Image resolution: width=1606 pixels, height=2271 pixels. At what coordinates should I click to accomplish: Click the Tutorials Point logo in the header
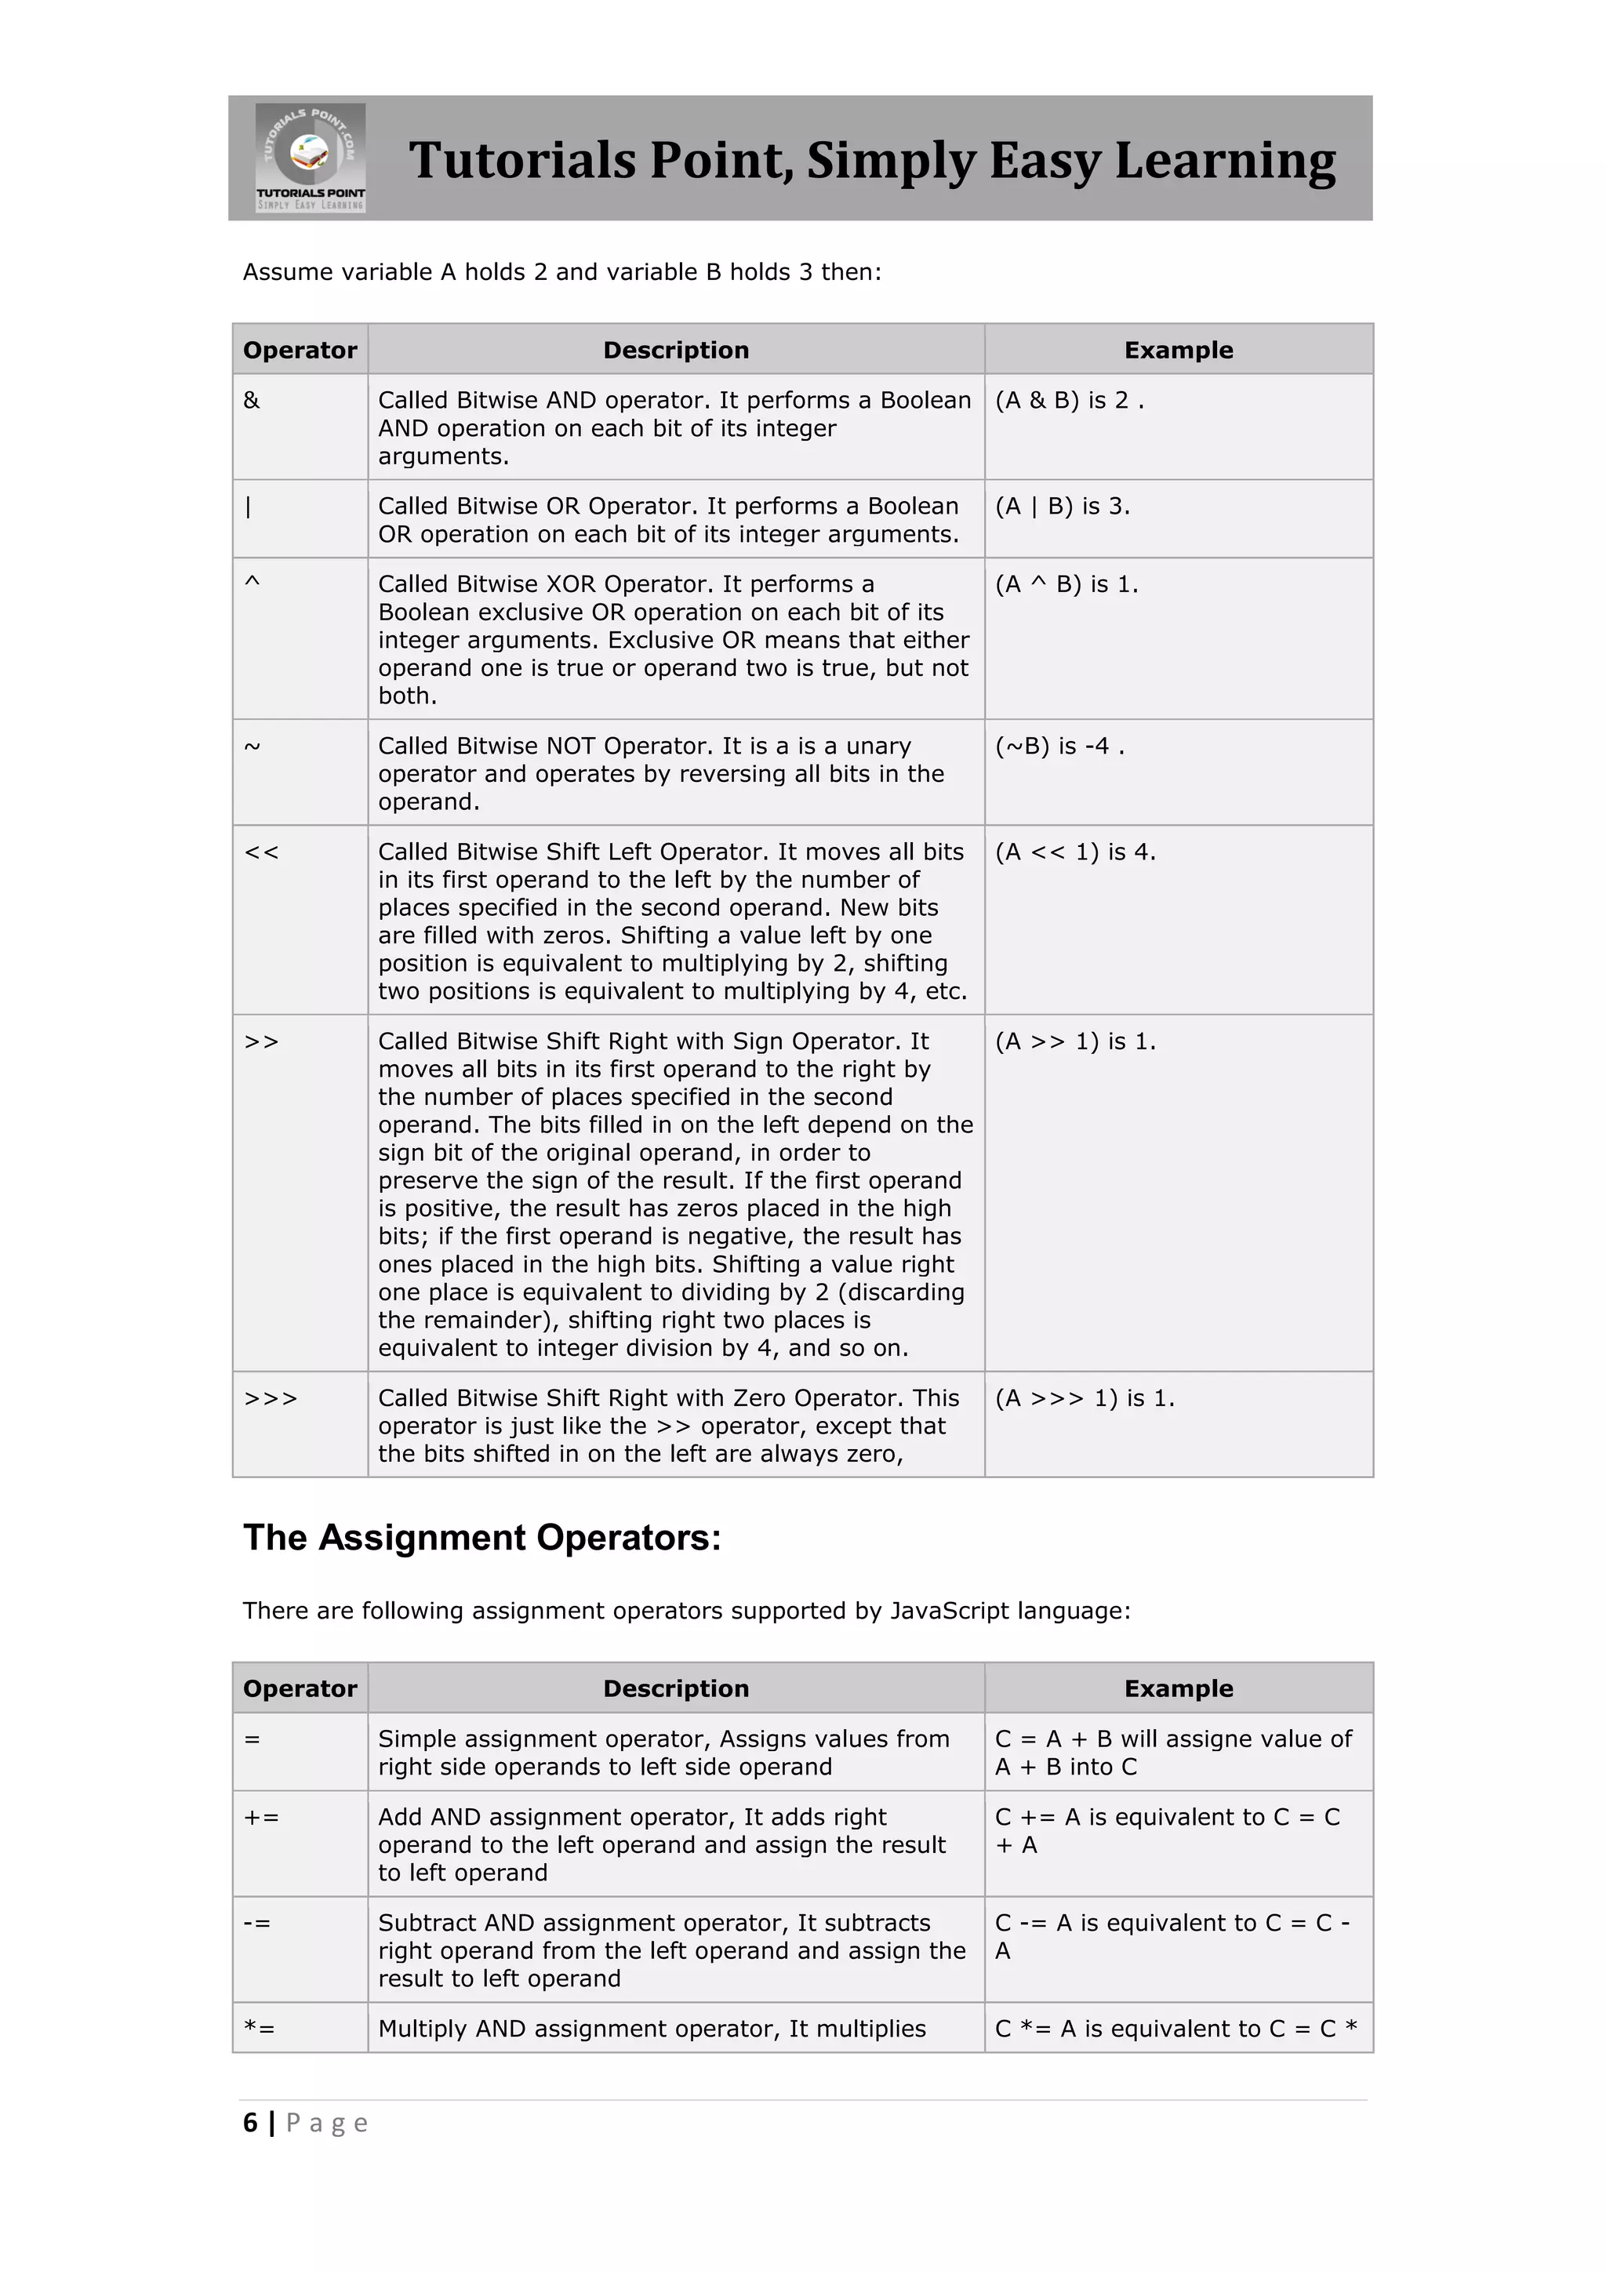click(310, 158)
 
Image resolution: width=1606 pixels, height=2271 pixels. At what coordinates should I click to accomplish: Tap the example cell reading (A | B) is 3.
click(1062, 507)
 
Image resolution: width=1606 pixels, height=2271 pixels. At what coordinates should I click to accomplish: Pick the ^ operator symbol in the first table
click(253, 583)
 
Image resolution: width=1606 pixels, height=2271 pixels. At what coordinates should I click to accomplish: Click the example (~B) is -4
click(1059, 746)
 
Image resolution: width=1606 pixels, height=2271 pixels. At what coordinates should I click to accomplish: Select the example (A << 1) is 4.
click(1075, 852)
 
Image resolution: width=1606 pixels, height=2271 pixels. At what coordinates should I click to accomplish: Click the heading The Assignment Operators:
click(481, 1538)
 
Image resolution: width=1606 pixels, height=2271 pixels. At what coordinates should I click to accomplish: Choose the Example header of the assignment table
click(1178, 1688)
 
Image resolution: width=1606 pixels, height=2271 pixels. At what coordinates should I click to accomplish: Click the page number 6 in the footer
click(250, 2123)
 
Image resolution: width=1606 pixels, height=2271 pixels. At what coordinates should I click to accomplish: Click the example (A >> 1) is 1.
click(1075, 1041)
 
